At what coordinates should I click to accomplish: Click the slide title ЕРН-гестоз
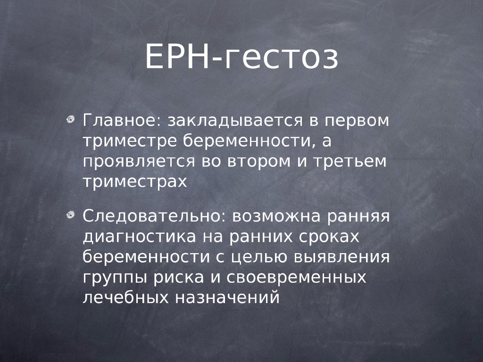[x=242, y=57]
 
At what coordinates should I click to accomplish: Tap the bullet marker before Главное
[x=71, y=119]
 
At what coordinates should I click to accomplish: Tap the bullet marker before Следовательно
[x=71, y=215]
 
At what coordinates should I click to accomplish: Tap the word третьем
[x=350, y=161]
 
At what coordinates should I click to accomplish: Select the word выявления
[x=342, y=257]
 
